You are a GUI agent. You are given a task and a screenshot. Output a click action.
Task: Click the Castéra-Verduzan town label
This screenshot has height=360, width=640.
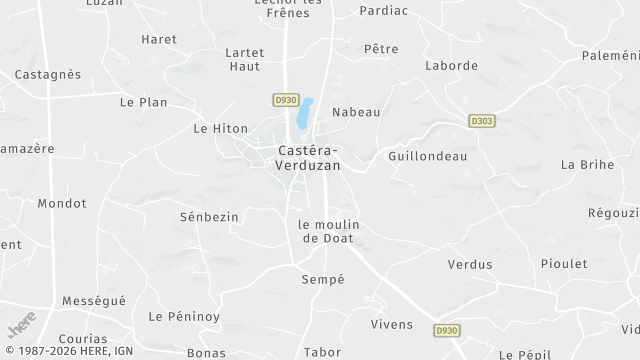point(308,158)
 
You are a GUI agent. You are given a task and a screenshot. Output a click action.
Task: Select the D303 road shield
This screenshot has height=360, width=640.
point(482,121)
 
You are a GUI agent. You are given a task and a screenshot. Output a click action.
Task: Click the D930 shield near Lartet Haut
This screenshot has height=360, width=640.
point(285,100)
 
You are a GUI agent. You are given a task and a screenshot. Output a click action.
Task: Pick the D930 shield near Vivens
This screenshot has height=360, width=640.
point(447,330)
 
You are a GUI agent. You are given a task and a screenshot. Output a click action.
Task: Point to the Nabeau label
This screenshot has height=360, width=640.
point(356,112)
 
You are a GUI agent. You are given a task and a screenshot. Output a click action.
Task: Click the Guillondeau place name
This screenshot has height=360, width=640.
point(427,157)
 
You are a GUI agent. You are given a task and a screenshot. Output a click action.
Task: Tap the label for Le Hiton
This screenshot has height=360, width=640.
point(220,129)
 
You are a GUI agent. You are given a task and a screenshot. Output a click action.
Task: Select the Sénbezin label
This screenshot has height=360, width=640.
point(209,216)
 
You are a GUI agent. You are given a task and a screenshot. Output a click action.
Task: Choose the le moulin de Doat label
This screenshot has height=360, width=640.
point(328,231)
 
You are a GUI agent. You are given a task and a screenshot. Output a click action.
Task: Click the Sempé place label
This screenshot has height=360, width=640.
point(323,280)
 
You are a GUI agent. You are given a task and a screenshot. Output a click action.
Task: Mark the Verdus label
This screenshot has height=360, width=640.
point(470,265)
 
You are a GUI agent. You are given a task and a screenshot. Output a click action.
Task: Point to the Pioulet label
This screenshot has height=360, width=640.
point(564,264)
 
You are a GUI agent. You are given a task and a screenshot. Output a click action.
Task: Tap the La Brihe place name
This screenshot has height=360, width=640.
point(587,164)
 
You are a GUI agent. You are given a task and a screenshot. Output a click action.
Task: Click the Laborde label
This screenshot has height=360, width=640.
point(451,66)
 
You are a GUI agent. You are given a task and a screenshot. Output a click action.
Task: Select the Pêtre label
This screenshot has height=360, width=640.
point(381,48)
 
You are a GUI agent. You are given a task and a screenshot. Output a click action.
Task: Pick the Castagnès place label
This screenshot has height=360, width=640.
point(48,74)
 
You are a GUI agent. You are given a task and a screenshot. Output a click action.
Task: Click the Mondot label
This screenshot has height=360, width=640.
point(62,203)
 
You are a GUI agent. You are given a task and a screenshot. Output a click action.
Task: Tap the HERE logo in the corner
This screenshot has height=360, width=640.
point(21,324)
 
